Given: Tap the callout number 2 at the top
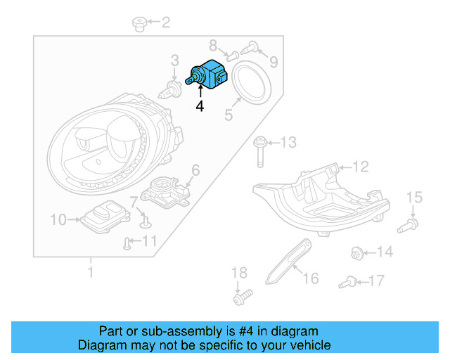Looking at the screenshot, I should (x=166, y=23).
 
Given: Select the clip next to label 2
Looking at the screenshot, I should (x=139, y=25).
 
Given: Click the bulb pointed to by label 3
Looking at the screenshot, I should (x=170, y=88).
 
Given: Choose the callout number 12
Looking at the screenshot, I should (x=361, y=167).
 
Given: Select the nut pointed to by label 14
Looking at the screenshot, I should (x=357, y=252).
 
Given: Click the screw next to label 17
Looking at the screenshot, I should (x=346, y=283).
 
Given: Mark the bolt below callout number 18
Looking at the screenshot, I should (x=240, y=297).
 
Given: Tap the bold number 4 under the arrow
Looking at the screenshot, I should (x=200, y=107).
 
